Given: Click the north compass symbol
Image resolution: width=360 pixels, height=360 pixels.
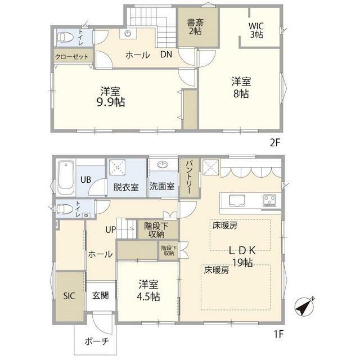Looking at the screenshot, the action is point(305,307).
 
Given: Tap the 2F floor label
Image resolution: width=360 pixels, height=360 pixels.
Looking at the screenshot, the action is point(275,143).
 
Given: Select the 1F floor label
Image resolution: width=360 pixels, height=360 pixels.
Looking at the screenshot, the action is point(279,334).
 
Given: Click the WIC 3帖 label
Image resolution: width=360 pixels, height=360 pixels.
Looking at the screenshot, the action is point(256,30).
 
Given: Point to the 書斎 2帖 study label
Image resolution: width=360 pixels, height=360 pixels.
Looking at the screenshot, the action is point(195,26).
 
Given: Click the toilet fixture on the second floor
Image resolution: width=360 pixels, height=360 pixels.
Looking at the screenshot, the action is point(65,37).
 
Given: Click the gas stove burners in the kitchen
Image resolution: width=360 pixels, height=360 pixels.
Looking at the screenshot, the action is point(269,200).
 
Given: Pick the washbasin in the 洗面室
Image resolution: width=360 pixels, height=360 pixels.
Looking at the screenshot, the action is point(163,165).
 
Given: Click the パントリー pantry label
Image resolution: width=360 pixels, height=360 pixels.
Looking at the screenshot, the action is point(190,177).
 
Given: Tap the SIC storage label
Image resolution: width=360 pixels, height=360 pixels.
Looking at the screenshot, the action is point(69,296).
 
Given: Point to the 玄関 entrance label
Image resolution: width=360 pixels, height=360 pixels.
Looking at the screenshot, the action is point(100,295).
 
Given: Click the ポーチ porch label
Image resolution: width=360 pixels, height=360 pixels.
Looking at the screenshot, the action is point(97,341).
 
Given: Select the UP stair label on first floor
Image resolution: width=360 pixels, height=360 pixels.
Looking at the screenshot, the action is point(111,229).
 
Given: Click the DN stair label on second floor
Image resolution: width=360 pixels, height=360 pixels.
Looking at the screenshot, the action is point(166,55).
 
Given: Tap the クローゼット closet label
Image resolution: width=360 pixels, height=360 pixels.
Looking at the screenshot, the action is point(71,56).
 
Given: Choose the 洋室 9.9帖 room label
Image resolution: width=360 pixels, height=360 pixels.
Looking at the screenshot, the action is point(110,96).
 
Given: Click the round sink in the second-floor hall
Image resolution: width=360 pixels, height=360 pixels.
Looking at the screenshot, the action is point(128,34).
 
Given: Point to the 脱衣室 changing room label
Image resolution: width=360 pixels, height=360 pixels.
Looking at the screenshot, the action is point(126,187).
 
